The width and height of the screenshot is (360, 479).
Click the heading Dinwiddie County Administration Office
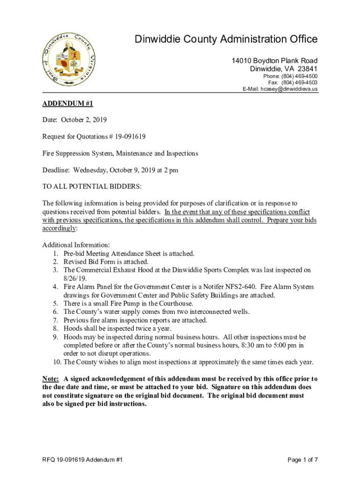pyautogui.click(x=226, y=39)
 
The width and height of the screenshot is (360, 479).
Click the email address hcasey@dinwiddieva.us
pyautogui.click(x=289, y=89)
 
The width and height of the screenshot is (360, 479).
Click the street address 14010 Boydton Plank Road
pyautogui.click(x=275, y=61)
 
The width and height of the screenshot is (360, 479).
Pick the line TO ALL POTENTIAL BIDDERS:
pyautogui.click(x=92, y=187)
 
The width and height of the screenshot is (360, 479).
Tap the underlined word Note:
pyautogui.click(x=50, y=379)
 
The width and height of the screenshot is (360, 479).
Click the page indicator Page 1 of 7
pyautogui.click(x=303, y=460)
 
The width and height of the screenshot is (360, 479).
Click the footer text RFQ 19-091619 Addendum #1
pyautogui.click(x=83, y=460)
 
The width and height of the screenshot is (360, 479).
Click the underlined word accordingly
pyautogui.click(x=59, y=229)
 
